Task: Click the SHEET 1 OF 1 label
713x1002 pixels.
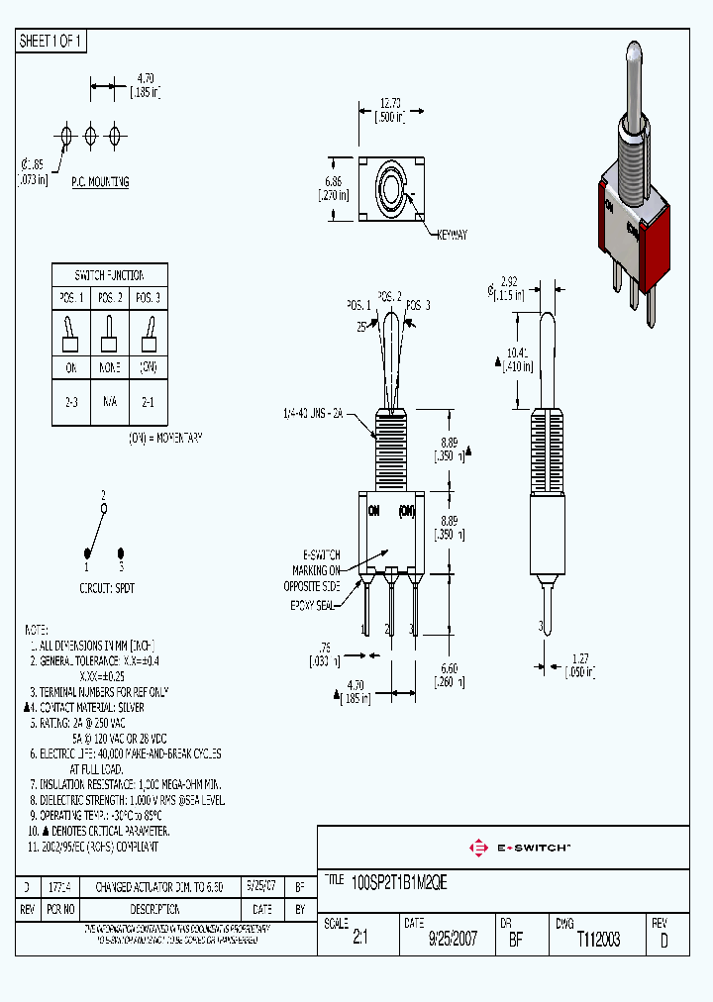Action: point(51,42)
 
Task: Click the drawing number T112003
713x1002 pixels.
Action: point(598,940)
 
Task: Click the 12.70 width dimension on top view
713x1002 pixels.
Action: point(392,101)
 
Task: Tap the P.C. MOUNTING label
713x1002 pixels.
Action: point(99,182)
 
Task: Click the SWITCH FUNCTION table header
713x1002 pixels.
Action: point(109,275)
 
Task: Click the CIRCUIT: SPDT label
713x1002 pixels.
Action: point(107,587)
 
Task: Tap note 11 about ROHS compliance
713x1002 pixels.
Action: point(93,846)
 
